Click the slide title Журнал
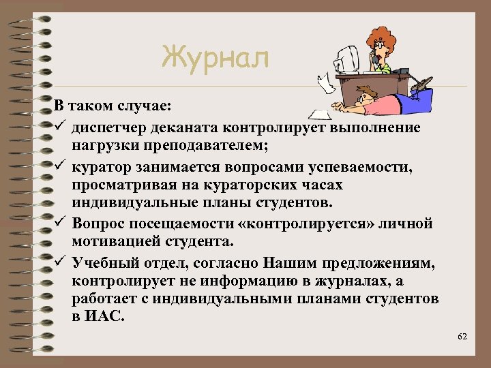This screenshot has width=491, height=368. [x=215, y=58]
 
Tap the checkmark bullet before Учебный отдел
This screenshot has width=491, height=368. [x=60, y=262]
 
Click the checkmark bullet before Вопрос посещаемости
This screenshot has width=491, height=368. [x=60, y=224]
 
